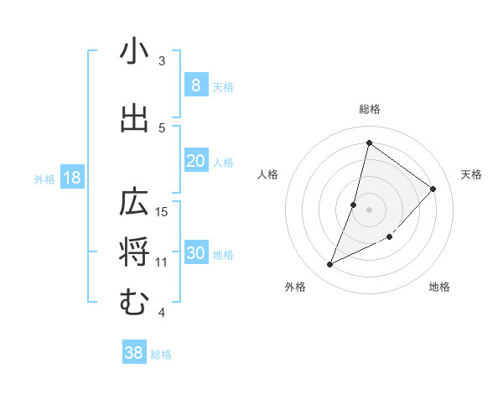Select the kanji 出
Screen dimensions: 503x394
click(134, 118)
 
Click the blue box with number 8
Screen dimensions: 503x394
click(195, 86)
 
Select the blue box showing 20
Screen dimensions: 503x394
click(195, 161)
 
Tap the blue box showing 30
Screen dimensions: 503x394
click(195, 253)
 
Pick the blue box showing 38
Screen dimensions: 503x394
click(134, 353)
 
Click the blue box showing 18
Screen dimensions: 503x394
click(71, 178)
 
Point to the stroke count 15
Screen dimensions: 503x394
click(163, 211)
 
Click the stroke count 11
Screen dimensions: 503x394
click(162, 262)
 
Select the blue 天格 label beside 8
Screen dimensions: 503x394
click(223, 86)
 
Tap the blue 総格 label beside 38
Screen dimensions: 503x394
click(161, 355)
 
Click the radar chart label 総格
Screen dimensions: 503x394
click(369, 109)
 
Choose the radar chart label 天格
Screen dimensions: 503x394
click(471, 174)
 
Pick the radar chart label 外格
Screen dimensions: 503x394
click(295, 287)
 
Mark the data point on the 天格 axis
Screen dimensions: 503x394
click(433, 189)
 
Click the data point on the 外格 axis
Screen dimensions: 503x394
click(329, 265)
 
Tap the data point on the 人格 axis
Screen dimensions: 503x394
click(354, 205)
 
